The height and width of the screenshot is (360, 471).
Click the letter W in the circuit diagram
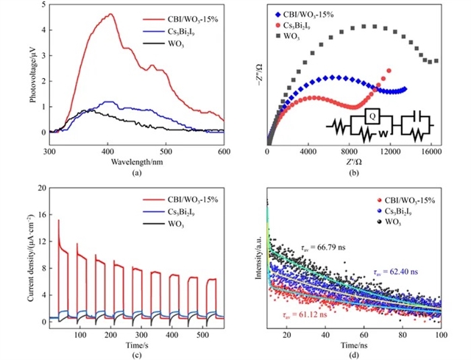(x=382, y=134)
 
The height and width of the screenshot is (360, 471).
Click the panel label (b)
(x=354, y=173)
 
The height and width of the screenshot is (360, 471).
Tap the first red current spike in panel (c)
(x=58, y=220)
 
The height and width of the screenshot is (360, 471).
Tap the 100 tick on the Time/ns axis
(x=440, y=335)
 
